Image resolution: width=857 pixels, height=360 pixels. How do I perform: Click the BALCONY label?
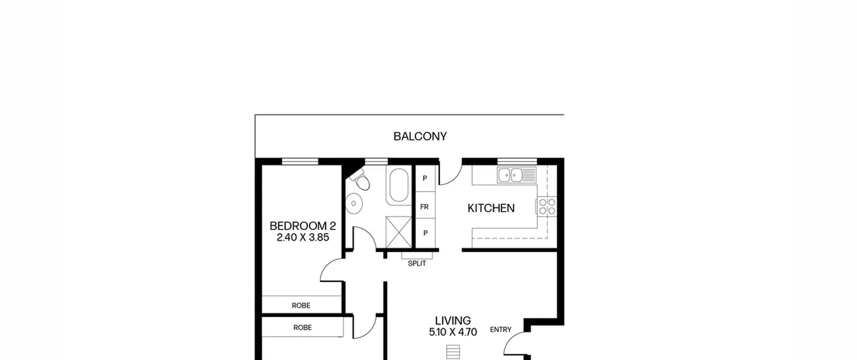420,137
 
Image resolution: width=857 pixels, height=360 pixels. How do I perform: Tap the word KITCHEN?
491,208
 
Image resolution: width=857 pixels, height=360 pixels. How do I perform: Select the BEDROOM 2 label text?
303,226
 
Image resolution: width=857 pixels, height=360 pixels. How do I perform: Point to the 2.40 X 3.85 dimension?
303,237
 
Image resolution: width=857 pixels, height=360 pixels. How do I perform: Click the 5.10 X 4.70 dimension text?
453,332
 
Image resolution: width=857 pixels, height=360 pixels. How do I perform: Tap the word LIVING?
453,320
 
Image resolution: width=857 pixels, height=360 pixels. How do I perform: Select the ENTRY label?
500,330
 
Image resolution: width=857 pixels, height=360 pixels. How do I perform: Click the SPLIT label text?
417,264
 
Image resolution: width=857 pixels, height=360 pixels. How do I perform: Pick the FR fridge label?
424,207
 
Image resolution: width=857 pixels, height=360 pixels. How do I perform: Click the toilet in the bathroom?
361,180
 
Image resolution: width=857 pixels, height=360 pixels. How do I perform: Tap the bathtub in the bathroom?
399,185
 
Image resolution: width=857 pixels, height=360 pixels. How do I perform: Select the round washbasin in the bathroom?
354,203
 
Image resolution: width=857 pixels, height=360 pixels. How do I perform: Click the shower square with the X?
399,232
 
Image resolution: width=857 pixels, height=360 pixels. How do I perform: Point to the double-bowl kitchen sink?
517,175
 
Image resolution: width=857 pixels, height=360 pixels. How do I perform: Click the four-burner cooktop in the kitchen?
547,206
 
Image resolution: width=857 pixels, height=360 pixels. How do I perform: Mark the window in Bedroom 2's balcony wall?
300,162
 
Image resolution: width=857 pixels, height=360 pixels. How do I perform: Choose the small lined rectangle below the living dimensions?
453,352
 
